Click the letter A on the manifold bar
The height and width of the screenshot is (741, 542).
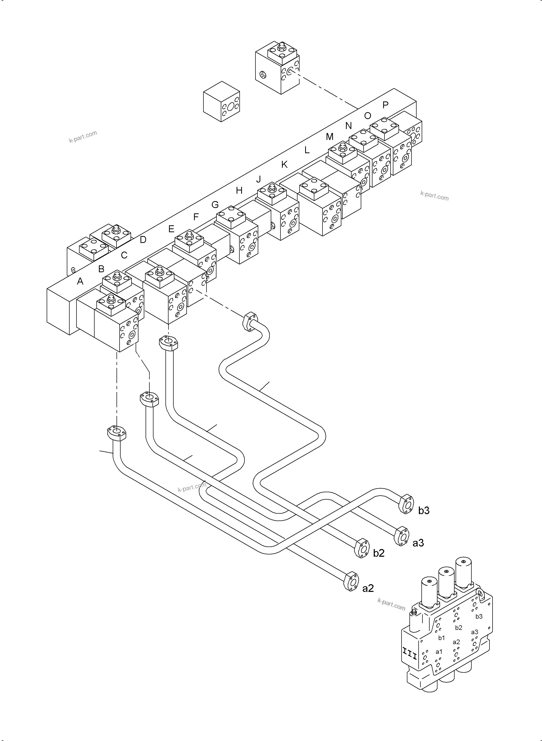80,281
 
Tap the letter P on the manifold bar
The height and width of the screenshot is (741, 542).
385,105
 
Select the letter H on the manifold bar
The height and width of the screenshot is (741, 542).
239,190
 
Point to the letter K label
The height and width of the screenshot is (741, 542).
284,165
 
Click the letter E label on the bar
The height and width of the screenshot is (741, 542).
171,229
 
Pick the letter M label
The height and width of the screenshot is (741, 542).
329,137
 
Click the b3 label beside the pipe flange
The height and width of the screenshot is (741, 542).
423,511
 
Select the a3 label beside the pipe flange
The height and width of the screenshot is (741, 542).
418,543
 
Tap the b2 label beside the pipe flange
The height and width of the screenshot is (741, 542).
379,553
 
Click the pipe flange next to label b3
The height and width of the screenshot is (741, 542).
406,504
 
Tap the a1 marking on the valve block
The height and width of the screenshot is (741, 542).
439,652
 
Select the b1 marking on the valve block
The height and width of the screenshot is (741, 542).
442,638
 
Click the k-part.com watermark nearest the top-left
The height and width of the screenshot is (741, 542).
83,137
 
